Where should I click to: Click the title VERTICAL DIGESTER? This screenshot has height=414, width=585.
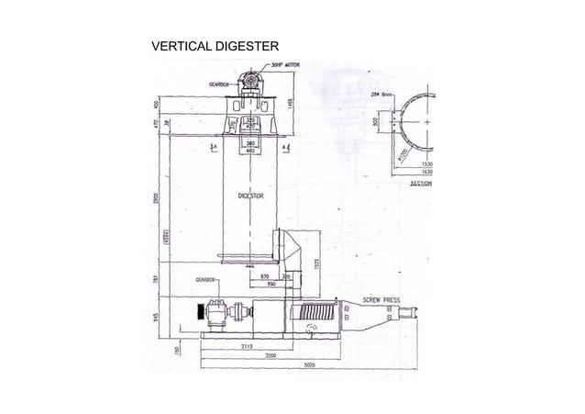215,46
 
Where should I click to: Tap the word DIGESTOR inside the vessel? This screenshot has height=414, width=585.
252,196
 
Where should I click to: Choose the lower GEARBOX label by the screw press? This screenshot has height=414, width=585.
204,279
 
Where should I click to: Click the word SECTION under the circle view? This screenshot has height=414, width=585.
421,183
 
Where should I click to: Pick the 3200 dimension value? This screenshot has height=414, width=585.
272,353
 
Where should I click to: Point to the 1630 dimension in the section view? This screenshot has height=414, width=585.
426,171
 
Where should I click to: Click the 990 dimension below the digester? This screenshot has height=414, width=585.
272,284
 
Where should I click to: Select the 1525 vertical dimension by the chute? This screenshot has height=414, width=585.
316,264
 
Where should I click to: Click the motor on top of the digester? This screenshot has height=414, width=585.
252,84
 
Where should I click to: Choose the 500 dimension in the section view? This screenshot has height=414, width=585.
375,122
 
